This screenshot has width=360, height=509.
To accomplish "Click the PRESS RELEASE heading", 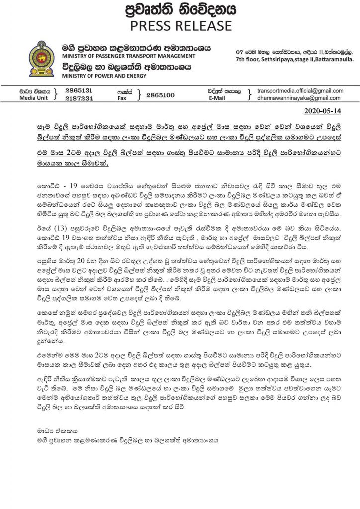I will coord(180,25).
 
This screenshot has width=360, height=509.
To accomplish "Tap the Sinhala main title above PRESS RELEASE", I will coord(180,9).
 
